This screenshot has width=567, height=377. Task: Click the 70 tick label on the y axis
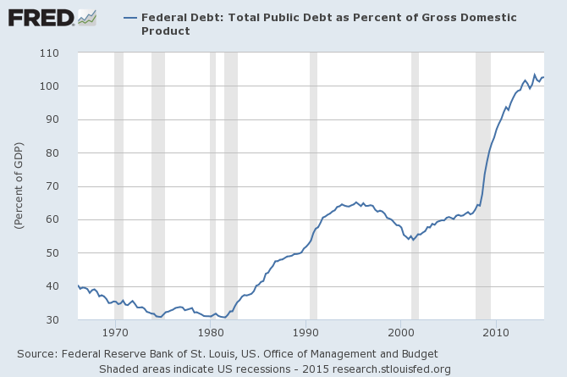coord(61,186)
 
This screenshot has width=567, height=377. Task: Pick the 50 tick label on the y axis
coord(61,253)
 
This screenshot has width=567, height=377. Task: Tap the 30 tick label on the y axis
coord(61,320)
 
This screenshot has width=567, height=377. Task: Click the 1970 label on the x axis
coord(114,333)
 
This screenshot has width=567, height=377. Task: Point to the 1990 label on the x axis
coord(306,333)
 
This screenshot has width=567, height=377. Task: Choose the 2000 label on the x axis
coord(401,333)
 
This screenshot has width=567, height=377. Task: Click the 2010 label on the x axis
coord(497,333)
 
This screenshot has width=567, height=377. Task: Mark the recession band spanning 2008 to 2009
coord(483,186)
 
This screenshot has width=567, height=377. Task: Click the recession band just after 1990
coord(313,186)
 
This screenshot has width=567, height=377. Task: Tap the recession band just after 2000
coord(415,186)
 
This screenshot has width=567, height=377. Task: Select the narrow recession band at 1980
coord(212,186)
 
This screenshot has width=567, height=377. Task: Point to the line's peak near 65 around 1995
coord(356,202)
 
